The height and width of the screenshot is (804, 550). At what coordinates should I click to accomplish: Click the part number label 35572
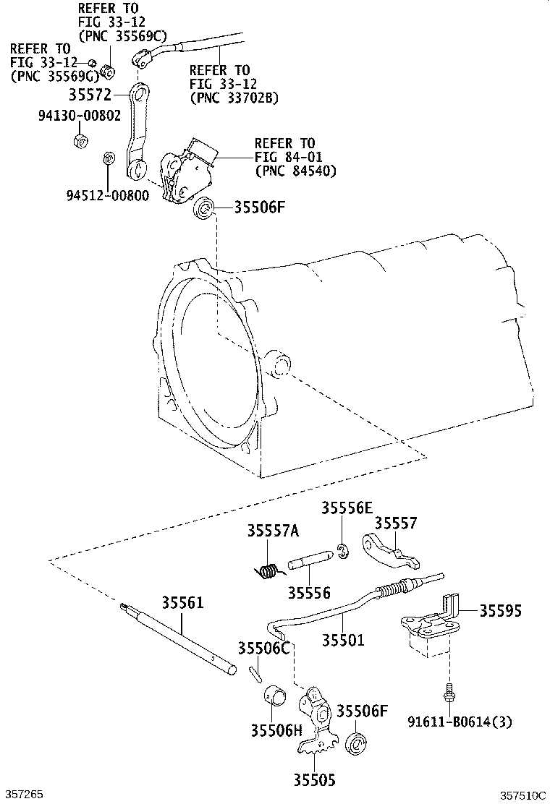tap(90, 95)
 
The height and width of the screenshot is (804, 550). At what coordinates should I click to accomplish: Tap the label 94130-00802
tap(80, 116)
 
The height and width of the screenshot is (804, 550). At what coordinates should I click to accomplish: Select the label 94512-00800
tap(108, 195)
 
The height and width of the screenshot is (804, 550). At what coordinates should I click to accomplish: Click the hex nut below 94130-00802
tap(81, 140)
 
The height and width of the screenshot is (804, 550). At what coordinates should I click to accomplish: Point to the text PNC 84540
tap(300, 171)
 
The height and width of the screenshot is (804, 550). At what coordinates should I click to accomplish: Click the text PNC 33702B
tap(237, 98)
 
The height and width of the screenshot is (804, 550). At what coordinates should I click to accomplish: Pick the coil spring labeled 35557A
tap(266, 570)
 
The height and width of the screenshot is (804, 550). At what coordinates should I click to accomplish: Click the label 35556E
tap(347, 508)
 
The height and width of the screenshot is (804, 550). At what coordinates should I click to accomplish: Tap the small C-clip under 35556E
tap(343, 551)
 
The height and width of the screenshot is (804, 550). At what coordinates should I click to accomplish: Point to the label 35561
tap(183, 602)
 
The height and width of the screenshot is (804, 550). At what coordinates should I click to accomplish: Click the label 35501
tap(343, 640)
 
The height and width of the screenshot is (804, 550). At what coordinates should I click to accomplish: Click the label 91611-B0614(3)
tap(460, 722)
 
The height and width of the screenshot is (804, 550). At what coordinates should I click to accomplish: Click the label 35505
tap(315, 780)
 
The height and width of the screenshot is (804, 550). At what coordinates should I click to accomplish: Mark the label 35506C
tap(263, 648)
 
